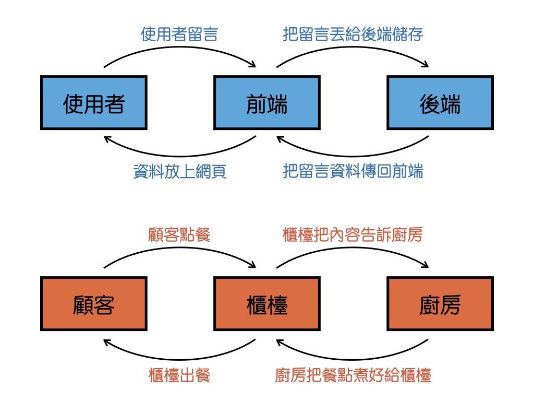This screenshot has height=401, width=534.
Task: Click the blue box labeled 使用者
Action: click(94, 103)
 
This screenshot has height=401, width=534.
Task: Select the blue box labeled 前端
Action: click(267, 103)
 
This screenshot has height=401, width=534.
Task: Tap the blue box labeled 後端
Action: click(440, 103)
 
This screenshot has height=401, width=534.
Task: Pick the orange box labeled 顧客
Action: click(94, 303)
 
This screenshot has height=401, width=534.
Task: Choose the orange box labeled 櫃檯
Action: click(267, 303)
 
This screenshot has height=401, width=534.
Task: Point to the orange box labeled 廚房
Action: click(440, 303)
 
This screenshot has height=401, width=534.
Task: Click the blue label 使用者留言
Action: click(179, 34)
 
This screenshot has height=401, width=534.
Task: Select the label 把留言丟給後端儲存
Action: click(353, 34)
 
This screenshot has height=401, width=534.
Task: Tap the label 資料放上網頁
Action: click(180, 171)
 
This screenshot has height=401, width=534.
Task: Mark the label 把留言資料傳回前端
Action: click(353, 171)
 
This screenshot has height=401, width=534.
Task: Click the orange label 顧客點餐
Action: click(179, 234)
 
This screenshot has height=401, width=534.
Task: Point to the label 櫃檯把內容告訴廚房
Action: click(353, 234)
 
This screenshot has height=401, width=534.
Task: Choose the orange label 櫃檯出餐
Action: click(179, 375)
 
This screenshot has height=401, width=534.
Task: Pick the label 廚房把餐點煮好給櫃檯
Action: click(353, 375)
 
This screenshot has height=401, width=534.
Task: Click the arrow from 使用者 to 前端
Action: click(180, 48)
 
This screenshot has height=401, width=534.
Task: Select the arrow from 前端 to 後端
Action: click(353, 48)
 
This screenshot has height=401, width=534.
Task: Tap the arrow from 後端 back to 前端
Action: click(353, 156)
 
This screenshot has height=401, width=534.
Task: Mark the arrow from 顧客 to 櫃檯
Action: click(180, 249)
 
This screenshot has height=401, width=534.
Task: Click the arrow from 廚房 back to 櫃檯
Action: click(353, 359)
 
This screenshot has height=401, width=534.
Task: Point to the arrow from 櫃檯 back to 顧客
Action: click(179, 359)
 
